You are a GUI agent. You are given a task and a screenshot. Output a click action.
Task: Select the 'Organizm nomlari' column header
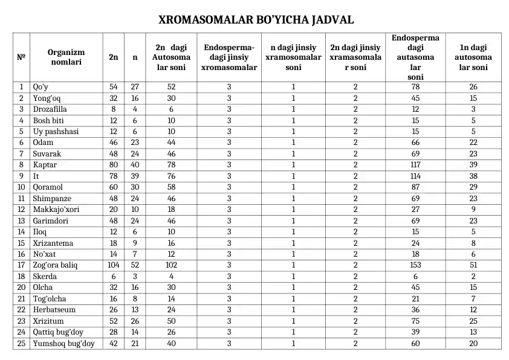66,57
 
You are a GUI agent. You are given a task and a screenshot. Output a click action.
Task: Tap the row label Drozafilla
50,109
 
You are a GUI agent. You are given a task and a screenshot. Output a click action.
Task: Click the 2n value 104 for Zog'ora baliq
114,265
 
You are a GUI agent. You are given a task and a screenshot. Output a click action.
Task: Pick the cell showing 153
415,265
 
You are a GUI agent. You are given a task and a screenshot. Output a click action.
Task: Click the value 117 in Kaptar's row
415,165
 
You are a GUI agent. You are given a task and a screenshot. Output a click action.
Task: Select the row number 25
21,343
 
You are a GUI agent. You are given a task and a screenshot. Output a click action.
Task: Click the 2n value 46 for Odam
114,143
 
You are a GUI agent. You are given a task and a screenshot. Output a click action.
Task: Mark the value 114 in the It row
415,176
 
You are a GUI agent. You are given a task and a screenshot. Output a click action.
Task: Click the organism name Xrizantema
53,243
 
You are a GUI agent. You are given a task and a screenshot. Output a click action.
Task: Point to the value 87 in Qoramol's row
415,187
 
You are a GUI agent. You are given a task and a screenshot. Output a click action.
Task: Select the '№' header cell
21,57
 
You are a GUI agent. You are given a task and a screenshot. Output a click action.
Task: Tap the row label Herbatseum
53,310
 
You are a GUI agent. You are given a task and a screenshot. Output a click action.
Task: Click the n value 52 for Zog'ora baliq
135,265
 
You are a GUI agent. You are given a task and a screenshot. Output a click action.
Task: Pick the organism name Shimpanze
52,198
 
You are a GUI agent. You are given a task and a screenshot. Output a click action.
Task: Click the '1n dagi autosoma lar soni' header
473,57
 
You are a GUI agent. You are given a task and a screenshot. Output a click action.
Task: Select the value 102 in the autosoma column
170,265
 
